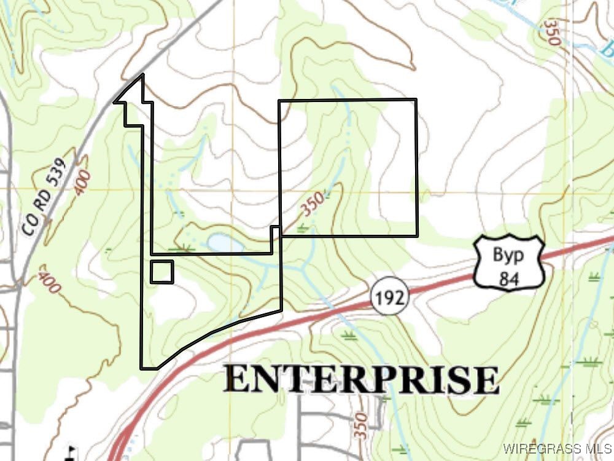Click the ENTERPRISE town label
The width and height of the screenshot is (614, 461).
point(361,379)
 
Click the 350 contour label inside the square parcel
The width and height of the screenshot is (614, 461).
point(312,208)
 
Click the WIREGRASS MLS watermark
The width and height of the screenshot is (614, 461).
point(556,447)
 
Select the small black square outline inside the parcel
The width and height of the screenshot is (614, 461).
point(162,272)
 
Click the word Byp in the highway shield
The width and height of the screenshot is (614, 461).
point(509,254)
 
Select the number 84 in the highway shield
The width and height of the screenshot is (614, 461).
point(509,278)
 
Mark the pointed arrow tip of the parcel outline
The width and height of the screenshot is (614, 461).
point(142,76)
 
